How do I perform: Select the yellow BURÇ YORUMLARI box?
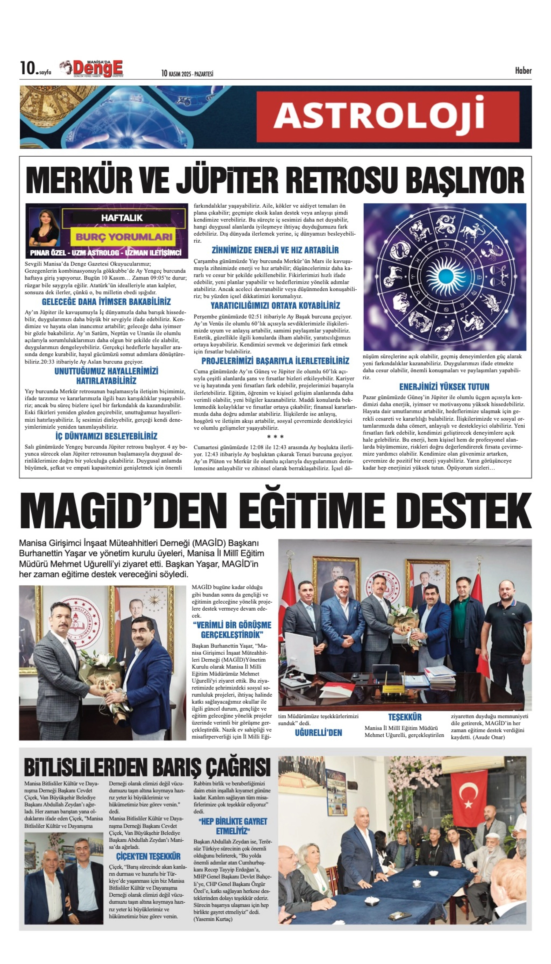click(x=124, y=237)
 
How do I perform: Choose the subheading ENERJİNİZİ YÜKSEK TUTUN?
click(x=444, y=387)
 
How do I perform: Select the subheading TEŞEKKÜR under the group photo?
click(x=405, y=717)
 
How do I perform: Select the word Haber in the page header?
click(x=523, y=71)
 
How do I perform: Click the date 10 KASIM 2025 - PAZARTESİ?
click(x=187, y=74)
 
